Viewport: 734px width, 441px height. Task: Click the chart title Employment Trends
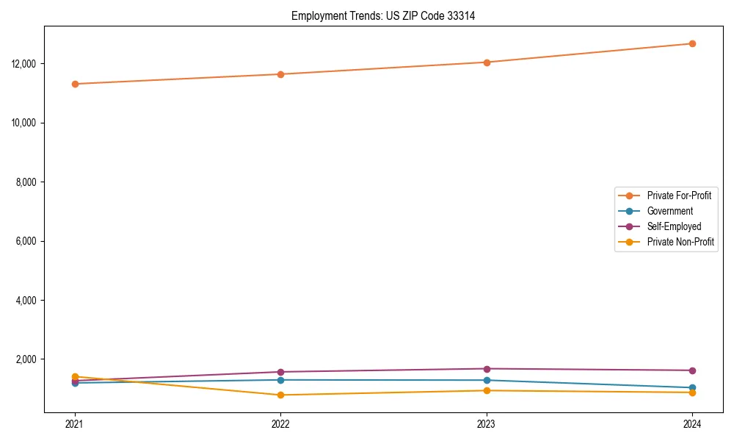coord(383,15)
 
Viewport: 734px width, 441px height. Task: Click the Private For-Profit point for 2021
coord(75,84)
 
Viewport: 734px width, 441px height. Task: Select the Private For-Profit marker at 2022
coord(280,74)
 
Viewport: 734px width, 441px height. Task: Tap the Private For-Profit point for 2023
coord(487,62)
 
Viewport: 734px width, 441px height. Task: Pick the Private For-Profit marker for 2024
coord(692,43)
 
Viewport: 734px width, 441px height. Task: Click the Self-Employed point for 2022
coord(280,372)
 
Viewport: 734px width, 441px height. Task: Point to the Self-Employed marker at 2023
coord(487,369)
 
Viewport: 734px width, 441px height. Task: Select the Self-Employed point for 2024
coord(692,370)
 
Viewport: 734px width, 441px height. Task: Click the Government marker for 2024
coord(692,387)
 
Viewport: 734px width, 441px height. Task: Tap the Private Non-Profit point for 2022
coord(280,395)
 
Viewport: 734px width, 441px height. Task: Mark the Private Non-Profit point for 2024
coord(692,392)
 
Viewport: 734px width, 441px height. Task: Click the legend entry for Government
coord(669,211)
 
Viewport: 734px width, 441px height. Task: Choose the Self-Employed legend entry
coord(674,226)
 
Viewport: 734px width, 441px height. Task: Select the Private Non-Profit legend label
coord(680,242)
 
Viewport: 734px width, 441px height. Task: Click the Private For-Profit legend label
coord(679,196)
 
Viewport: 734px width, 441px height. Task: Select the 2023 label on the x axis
coord(487,423)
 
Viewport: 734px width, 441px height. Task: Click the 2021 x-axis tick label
coord(75,423)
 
